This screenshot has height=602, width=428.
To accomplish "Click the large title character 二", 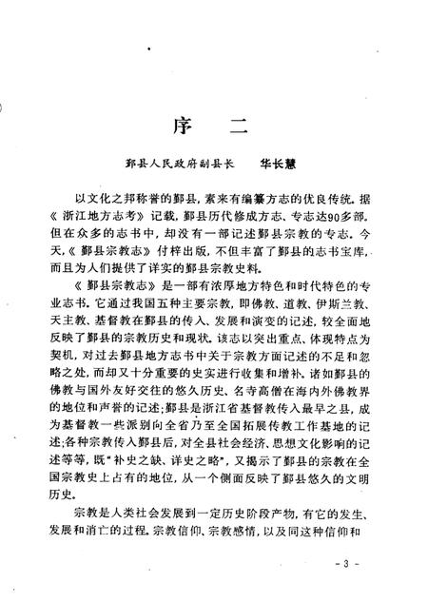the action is (243, 128).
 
